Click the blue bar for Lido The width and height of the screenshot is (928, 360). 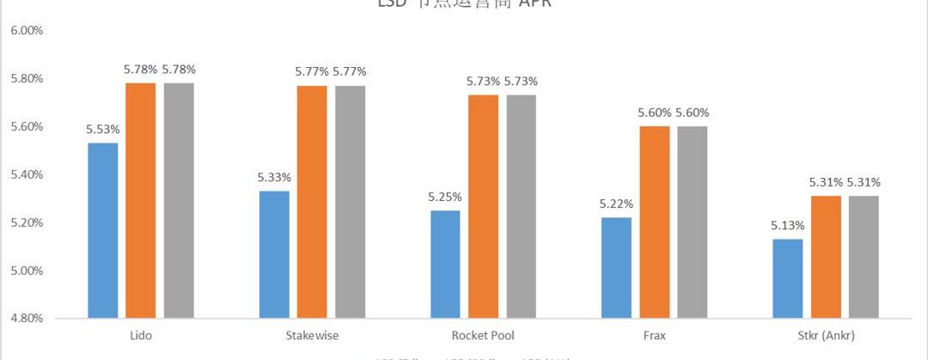[x=102, y=230]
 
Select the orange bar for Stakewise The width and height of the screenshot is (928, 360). [x=312, y=202]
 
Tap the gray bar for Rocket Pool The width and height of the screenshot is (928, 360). [x=522, y=206]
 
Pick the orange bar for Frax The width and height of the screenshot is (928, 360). [x=655, y=222]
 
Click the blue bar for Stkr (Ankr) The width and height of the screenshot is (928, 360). [x=787, y=278]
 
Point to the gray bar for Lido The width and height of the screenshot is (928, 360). [x=179, y=200]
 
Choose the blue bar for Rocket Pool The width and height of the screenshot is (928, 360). [x=445, y=264]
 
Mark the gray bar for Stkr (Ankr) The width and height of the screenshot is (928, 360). [x=864, y=257]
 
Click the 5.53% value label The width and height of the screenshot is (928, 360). [x=102, y=129]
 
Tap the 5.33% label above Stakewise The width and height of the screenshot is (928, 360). [x=274, y=177]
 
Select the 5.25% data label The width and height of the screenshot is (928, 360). [x=445, y=197]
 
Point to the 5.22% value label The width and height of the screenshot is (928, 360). [x=616, y=204]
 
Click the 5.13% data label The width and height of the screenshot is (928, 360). [x=787, y=225]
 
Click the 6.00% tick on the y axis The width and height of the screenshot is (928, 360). [x=27, y=30]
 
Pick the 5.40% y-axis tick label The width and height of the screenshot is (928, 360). [x=27, y=174]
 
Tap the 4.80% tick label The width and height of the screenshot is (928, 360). [x=27, y=319]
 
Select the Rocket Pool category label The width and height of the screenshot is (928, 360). [x=483, y=335]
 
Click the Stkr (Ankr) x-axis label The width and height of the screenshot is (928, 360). [x=825, y=335]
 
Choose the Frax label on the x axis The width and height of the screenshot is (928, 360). [x=654, y=335]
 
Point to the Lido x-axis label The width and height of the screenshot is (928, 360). [x=140, y=335]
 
